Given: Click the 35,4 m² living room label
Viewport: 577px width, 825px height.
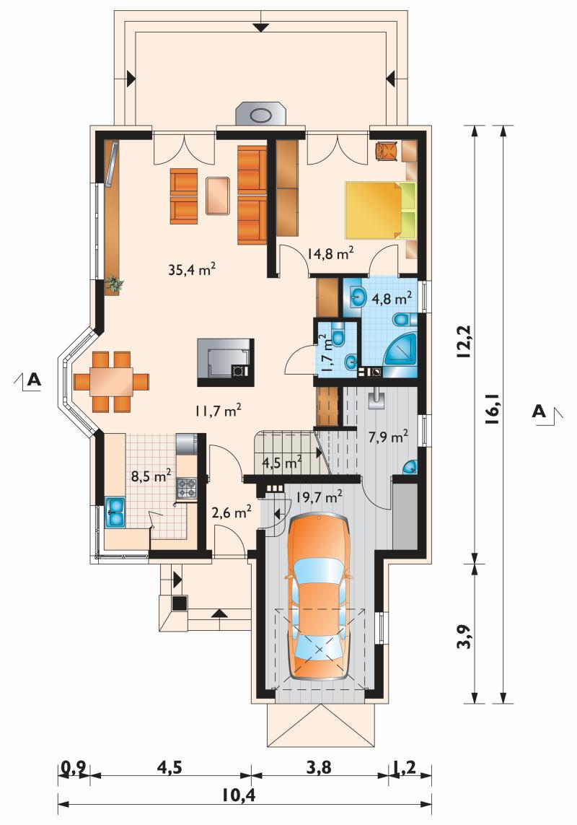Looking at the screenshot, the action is pos(192,269).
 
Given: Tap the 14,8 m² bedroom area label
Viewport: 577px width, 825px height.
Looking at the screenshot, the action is pos(330,253).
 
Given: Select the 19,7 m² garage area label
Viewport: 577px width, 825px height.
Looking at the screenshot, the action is pos(320,496).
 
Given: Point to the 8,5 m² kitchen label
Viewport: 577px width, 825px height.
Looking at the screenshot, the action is pos(151,476).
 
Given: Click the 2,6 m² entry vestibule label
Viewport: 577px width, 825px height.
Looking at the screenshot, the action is pos(231,512).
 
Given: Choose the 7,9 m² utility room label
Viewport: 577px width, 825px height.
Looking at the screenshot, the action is pos(388,437).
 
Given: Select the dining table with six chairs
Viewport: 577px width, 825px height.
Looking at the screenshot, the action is pos(111,381).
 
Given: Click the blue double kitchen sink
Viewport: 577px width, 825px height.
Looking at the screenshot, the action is pos(115,512).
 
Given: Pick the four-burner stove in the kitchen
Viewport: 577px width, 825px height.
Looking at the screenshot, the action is pos(186,488).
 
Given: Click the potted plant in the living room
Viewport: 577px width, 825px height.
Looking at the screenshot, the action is pos(114,284).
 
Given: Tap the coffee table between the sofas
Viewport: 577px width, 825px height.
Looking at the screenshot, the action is pos(218,196).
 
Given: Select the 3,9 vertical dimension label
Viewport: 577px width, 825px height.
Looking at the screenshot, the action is pos(464,636).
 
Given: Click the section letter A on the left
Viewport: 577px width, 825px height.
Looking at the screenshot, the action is pos(34,379).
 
